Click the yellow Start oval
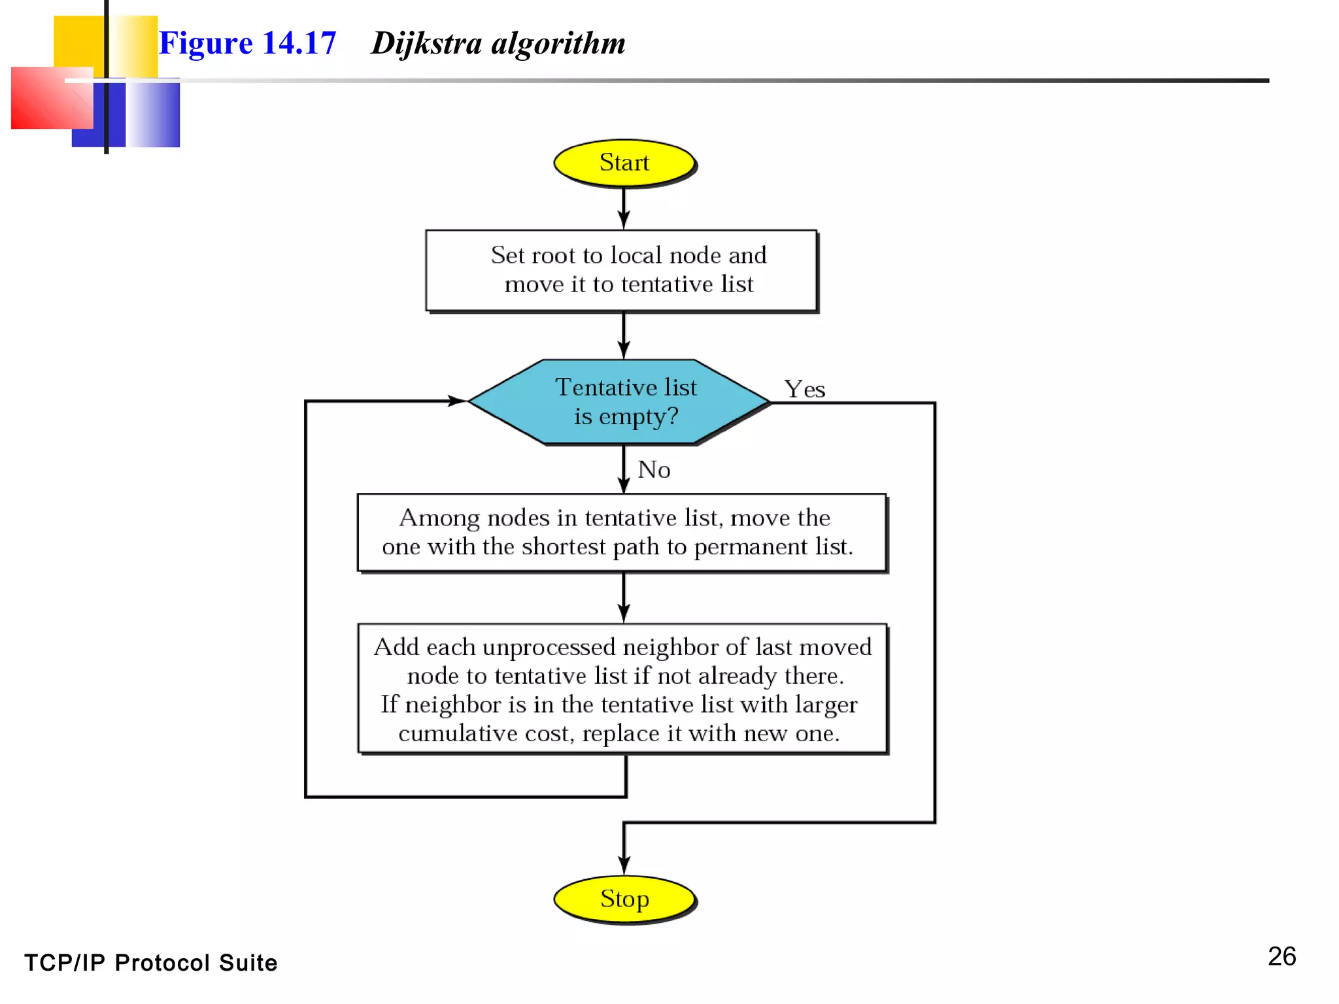[624, 163]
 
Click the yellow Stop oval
[624, 899]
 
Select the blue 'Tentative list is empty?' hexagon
[619, 401]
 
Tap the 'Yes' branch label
[804, 390]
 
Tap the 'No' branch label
[654, 470]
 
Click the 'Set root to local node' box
[621, 270]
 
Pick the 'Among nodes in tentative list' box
[621, 532]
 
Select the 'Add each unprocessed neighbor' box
[622, 689]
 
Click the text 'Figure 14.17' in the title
[247, 44]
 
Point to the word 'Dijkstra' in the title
[426, 44]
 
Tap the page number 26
[1281, 956]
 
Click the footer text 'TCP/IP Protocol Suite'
[151, 963]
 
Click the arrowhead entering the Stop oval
[624, 865]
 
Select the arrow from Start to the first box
[624, 208]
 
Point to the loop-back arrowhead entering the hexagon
[456, 401]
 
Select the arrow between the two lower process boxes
[624, 597]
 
